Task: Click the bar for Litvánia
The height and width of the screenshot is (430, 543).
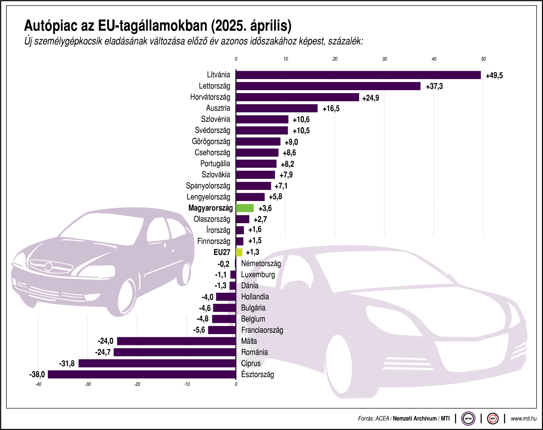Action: point(358,75)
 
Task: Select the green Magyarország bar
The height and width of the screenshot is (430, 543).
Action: point(245,208)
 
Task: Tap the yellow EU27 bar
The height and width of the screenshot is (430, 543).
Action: point(239,252)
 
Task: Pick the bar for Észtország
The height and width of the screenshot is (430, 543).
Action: point(142,374)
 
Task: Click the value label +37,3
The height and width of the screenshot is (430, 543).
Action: point(434,86)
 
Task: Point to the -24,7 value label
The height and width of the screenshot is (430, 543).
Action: point(103,352)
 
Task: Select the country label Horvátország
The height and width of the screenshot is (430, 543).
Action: point(210,97)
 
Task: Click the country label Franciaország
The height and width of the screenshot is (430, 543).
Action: point(262,330)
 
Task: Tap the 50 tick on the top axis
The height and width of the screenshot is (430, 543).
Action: point(483,59)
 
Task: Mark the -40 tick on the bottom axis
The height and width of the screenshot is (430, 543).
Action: point(38,384)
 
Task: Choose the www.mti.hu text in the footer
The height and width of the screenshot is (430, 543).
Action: point(523,419)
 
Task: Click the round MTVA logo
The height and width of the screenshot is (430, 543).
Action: point(468,419)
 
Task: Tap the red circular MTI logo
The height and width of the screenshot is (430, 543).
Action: point(493,419)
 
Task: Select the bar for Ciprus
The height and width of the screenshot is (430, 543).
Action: point(157,363)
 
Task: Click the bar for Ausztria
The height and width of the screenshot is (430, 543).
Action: point(277,108)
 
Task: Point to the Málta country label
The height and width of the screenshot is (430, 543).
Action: point(249,341)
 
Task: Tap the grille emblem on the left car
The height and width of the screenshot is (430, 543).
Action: point(48,266)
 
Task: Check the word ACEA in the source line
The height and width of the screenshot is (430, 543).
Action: point(382,419)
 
